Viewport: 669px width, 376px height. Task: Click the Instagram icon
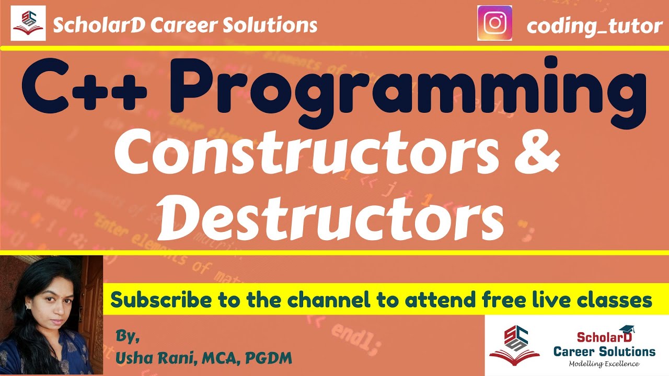pos(494,23)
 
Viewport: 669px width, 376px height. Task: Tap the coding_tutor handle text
pos(594,26)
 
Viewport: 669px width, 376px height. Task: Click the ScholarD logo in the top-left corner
pos(28,23)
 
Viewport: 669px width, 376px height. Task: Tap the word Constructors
pos(305,154)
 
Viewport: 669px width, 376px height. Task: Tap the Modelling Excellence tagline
pos(604,363)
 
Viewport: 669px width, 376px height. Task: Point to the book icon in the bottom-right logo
pos(514,355)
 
